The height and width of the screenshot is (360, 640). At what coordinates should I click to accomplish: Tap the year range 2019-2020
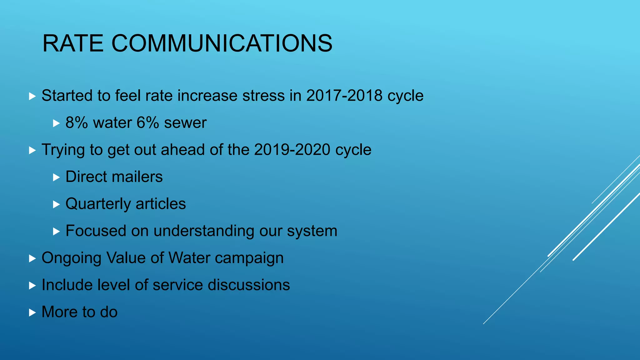coord(292,150)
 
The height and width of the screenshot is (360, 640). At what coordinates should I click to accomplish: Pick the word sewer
coord(185,122)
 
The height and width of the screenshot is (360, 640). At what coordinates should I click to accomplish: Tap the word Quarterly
coord(98,204)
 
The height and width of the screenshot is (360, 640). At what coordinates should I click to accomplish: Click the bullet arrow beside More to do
coord(32,312)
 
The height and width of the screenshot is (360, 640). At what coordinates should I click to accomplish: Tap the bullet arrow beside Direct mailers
coord(56,177)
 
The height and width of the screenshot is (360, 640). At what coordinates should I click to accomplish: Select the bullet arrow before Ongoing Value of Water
coord(32,258)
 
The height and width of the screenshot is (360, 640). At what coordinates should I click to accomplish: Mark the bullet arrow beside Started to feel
coord(32,96)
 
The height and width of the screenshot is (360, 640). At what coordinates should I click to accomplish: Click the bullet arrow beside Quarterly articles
coord(56,204)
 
